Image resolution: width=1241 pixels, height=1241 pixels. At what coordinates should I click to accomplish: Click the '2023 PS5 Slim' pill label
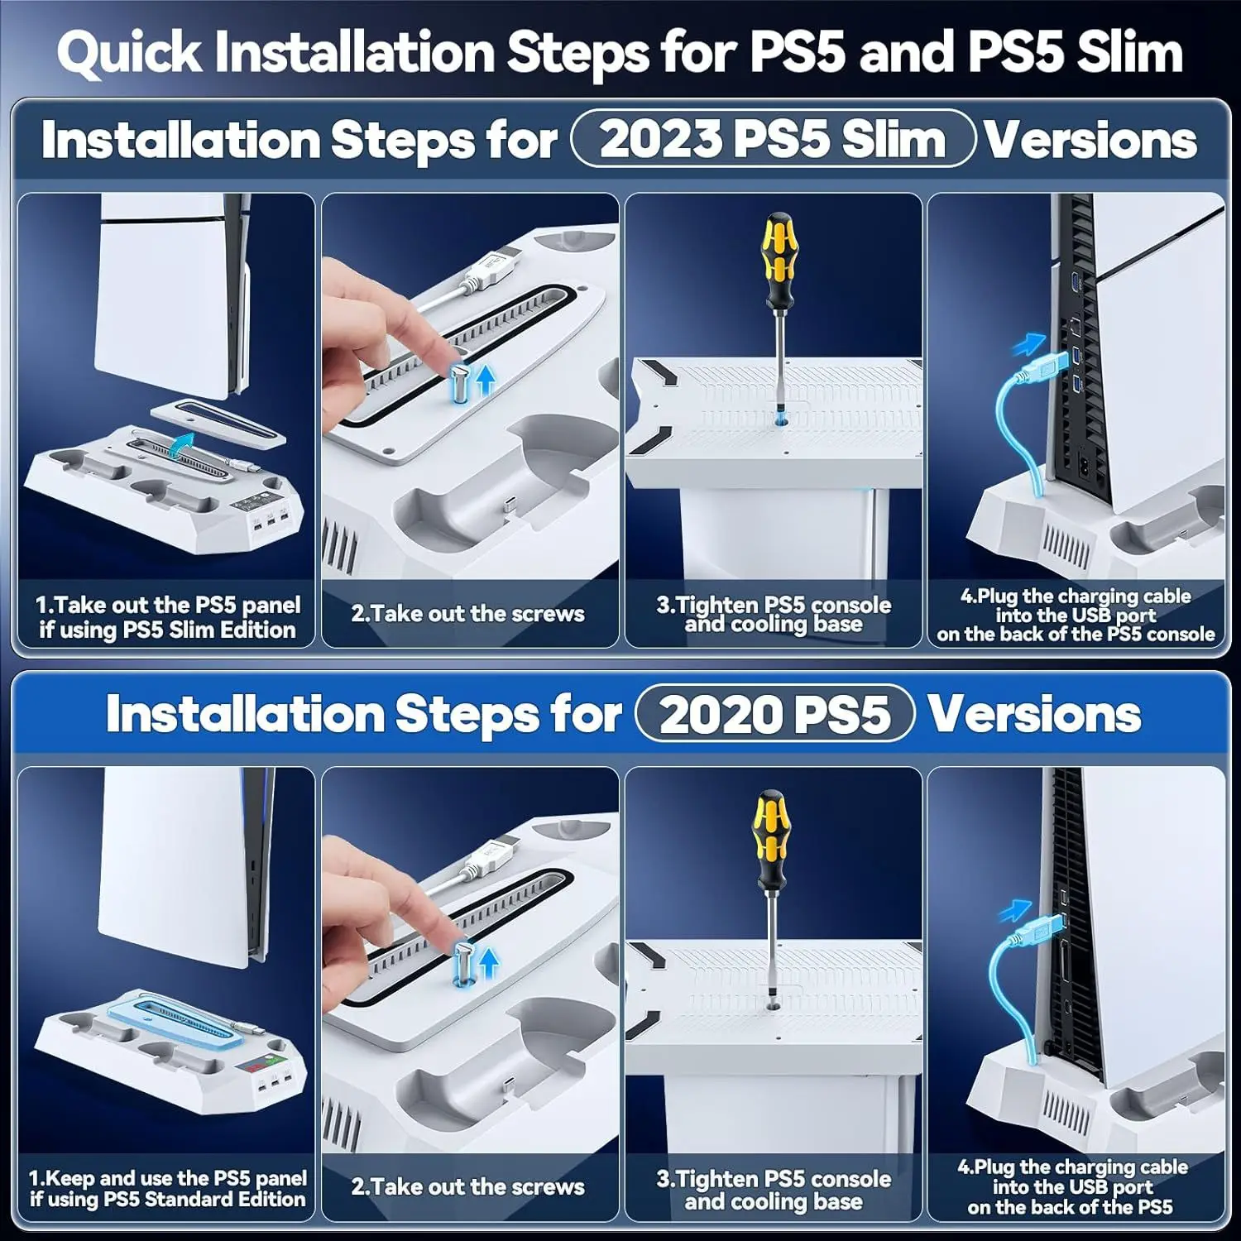[773, 138]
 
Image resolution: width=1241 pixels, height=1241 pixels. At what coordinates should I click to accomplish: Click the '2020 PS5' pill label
[774, 713]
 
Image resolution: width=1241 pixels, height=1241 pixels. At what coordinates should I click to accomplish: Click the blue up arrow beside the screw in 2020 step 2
[489, 961]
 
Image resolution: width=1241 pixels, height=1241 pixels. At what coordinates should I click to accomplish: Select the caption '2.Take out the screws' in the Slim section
[468, 614]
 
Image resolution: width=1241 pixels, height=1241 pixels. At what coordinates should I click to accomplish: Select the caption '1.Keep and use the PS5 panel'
[167, 1178]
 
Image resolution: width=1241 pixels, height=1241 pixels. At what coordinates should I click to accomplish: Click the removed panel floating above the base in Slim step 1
[220, 420]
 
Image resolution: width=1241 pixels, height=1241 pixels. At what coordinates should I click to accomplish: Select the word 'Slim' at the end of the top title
[1128, 52]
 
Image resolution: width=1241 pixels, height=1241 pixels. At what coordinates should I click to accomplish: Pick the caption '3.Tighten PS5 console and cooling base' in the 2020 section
[774, 1190]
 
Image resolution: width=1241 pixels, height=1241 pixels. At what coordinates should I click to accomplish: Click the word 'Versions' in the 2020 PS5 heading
[1034, 713]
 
